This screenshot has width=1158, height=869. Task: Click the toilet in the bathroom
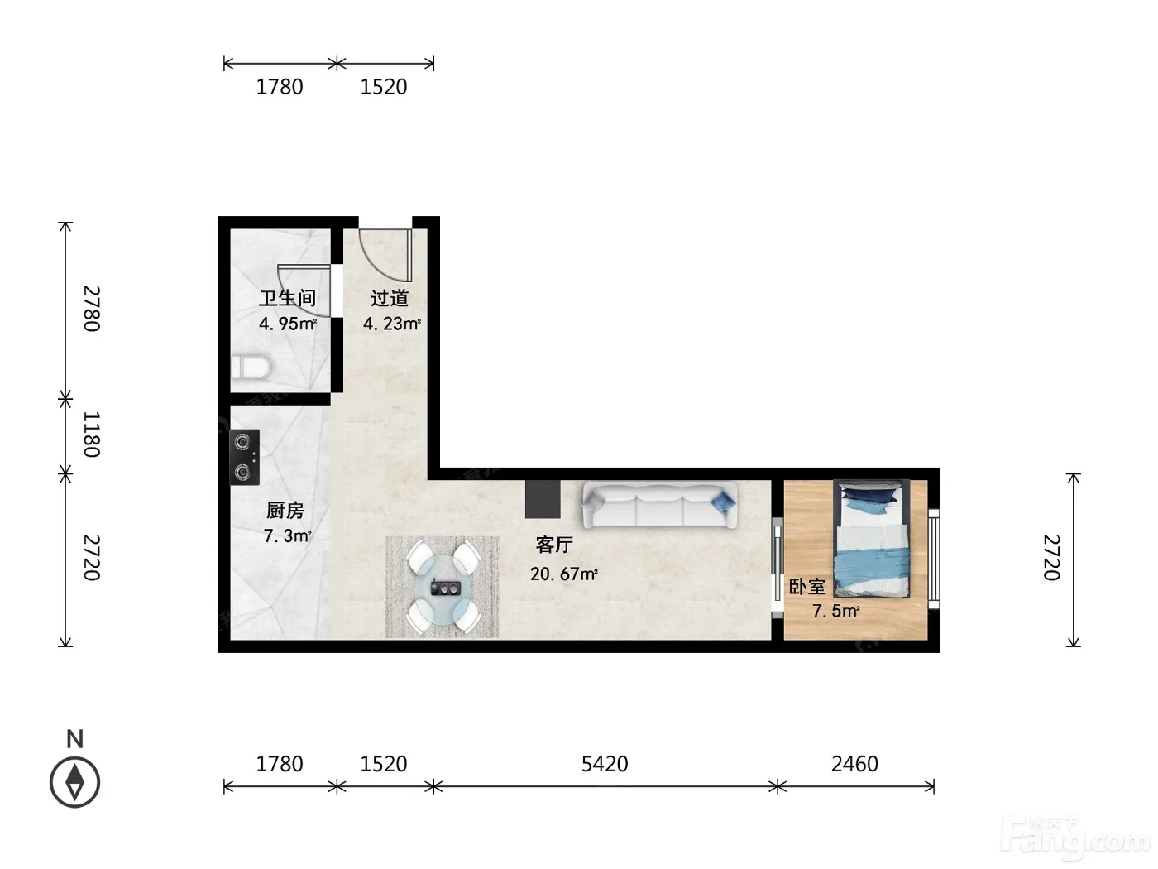click(251, 367)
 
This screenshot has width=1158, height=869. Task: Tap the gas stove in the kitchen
click(244, 457)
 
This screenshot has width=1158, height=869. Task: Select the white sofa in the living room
click(659, 504)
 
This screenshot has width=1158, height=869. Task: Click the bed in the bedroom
click(872, 538)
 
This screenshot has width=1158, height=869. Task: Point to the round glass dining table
click(443, 586)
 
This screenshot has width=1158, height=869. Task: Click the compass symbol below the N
click(75, 782)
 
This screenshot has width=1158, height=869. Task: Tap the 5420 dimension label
click(605, 763)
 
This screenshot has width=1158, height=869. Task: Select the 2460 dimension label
click(854, 763)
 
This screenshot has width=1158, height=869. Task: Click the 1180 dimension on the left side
click(92, 434)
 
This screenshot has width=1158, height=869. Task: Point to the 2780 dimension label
click(92, 308)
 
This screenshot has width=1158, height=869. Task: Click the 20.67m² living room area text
click(564, 574)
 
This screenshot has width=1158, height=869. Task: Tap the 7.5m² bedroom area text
click(836, 611)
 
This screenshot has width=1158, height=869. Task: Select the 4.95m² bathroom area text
click(288, 324)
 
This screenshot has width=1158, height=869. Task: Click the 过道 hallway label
click(390, 298)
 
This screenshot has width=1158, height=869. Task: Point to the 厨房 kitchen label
click(285, 510)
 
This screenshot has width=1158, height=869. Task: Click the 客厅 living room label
click(554, 545)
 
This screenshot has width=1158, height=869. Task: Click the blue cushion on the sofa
click(724, 501)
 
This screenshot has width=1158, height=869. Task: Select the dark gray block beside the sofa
click(543, 498)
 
